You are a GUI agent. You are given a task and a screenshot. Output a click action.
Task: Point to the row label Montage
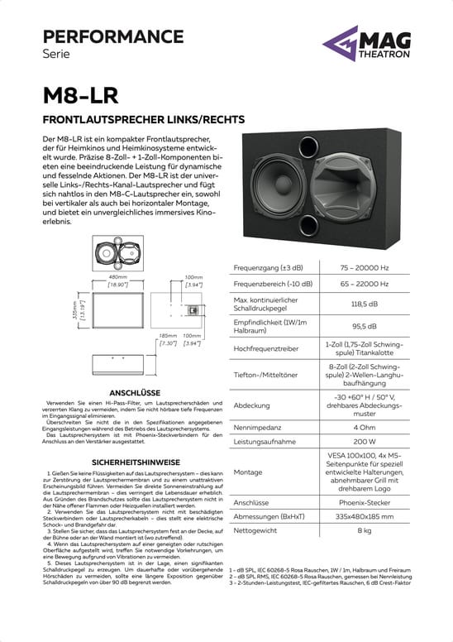click(248, 472)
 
